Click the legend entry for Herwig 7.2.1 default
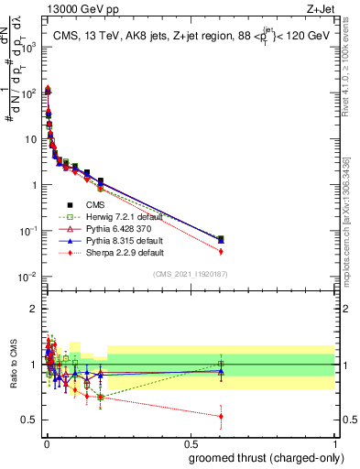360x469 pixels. [116, 216]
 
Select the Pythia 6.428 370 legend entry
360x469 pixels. [115, 228]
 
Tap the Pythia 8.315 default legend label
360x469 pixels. [116, 240]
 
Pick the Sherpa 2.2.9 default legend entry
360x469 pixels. [116, 252]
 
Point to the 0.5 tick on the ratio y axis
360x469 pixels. [29, 420]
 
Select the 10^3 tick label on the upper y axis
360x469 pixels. [28, 47]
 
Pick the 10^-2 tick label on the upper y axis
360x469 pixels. [28, 277]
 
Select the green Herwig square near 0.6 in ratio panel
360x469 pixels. [221, 365]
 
